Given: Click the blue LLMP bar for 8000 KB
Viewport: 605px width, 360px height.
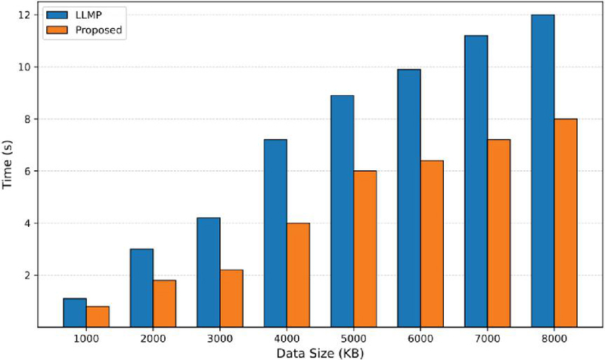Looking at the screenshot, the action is coord(543,171).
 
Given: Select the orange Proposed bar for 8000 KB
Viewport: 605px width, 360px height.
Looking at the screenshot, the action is coord(566,223).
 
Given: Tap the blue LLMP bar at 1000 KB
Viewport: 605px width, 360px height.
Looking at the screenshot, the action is coord(75,313).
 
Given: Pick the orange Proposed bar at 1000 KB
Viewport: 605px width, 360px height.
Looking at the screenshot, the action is coord(98,317).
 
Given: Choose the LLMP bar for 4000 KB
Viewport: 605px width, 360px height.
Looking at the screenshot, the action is coord(275,234).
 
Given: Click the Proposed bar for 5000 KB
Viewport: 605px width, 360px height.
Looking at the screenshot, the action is coord(365,249).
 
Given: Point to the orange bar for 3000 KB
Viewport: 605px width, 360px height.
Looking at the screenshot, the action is coord(231,299).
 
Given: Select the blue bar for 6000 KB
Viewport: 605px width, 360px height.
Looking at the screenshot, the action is coord(409,198).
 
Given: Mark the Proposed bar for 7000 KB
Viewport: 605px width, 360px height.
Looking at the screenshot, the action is coord(499,234).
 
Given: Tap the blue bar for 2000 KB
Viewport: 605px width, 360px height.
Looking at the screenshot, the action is coord(141,288).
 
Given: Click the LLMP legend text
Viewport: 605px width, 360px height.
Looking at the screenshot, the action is coord(88,15).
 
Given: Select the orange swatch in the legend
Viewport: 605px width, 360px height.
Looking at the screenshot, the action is coord(57,30).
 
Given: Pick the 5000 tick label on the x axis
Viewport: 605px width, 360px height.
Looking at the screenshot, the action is coord(354,339).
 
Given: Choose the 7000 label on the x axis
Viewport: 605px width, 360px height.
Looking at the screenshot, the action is coord(488,339).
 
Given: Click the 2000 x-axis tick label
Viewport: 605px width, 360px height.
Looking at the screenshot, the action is coord(154,339).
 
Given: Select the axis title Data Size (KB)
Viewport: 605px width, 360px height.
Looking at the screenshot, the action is coord(320,353).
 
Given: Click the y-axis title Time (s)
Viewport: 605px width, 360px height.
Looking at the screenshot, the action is coord(7,165).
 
